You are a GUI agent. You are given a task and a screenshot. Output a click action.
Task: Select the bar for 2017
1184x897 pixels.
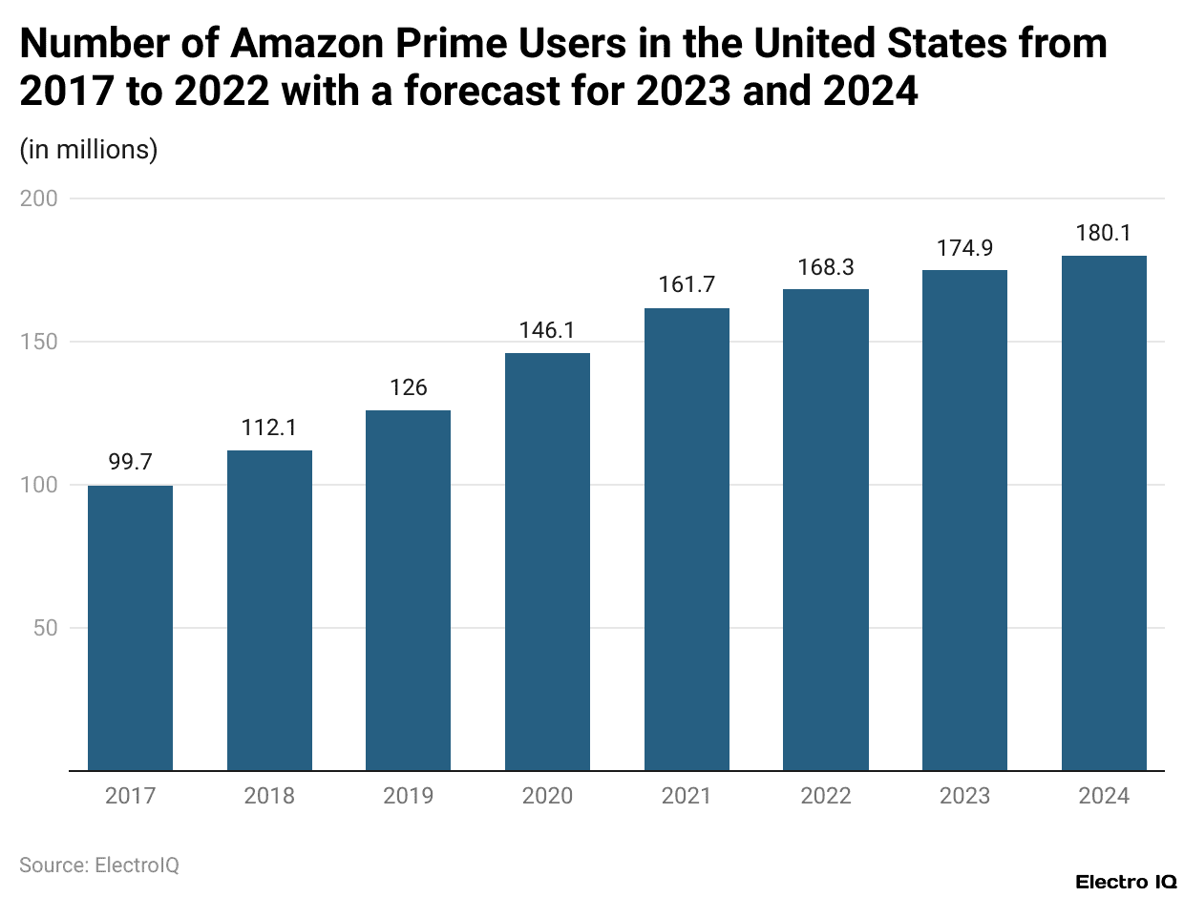(130, 628)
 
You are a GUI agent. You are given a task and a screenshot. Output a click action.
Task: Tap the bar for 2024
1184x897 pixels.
(1104, 512)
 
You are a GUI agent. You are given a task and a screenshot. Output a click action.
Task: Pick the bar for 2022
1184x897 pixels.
(826, 530)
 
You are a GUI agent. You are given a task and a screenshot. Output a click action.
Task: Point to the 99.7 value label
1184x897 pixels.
(130, 463)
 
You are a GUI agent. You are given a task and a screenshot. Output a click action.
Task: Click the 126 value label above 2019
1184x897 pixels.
(409, 387)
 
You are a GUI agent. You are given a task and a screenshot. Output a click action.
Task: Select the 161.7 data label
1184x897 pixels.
(687, 285)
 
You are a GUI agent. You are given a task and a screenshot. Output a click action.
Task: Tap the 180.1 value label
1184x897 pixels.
(1104, 233)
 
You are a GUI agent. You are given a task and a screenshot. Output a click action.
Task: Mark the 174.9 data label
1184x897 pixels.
(964, 248)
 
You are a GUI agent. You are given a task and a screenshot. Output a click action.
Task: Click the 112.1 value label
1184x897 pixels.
(269, 428)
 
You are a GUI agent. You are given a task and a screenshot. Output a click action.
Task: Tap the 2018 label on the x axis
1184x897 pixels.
(269, 796)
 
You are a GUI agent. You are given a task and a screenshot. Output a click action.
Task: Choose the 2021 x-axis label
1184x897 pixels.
(687, 796)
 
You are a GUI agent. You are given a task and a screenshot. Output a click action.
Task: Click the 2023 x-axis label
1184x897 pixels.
(964, 796)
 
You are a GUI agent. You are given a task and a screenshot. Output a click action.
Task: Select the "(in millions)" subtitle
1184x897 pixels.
(89, 150)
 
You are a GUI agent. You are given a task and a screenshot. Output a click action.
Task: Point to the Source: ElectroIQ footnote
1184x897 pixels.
(99, 865)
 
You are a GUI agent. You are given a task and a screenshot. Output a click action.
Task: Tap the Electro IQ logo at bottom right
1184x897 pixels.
(1125, 881)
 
